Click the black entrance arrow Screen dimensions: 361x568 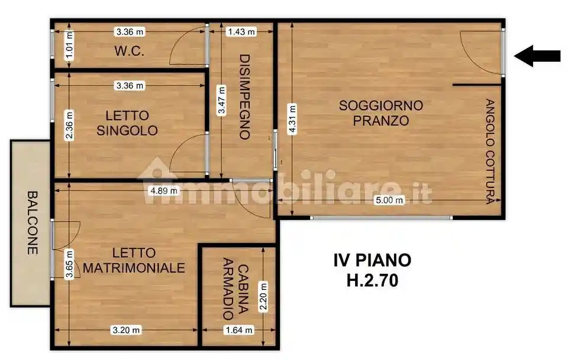tap(537, 56)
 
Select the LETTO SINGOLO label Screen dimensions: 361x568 tap(127, 123)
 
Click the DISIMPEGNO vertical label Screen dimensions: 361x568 tap(243, 97)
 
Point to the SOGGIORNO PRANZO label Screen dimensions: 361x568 tap(381, 113)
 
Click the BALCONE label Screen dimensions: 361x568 tap(33, 222)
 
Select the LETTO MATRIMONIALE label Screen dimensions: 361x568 tap(134, 260)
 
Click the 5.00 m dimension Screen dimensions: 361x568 tap(391, 200)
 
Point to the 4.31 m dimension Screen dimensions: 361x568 tap(292, 119)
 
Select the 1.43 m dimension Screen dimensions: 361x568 tap(241, 31)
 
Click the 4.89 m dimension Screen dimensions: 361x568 tap(164, 191)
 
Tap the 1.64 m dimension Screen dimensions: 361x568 tap(239, 330)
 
